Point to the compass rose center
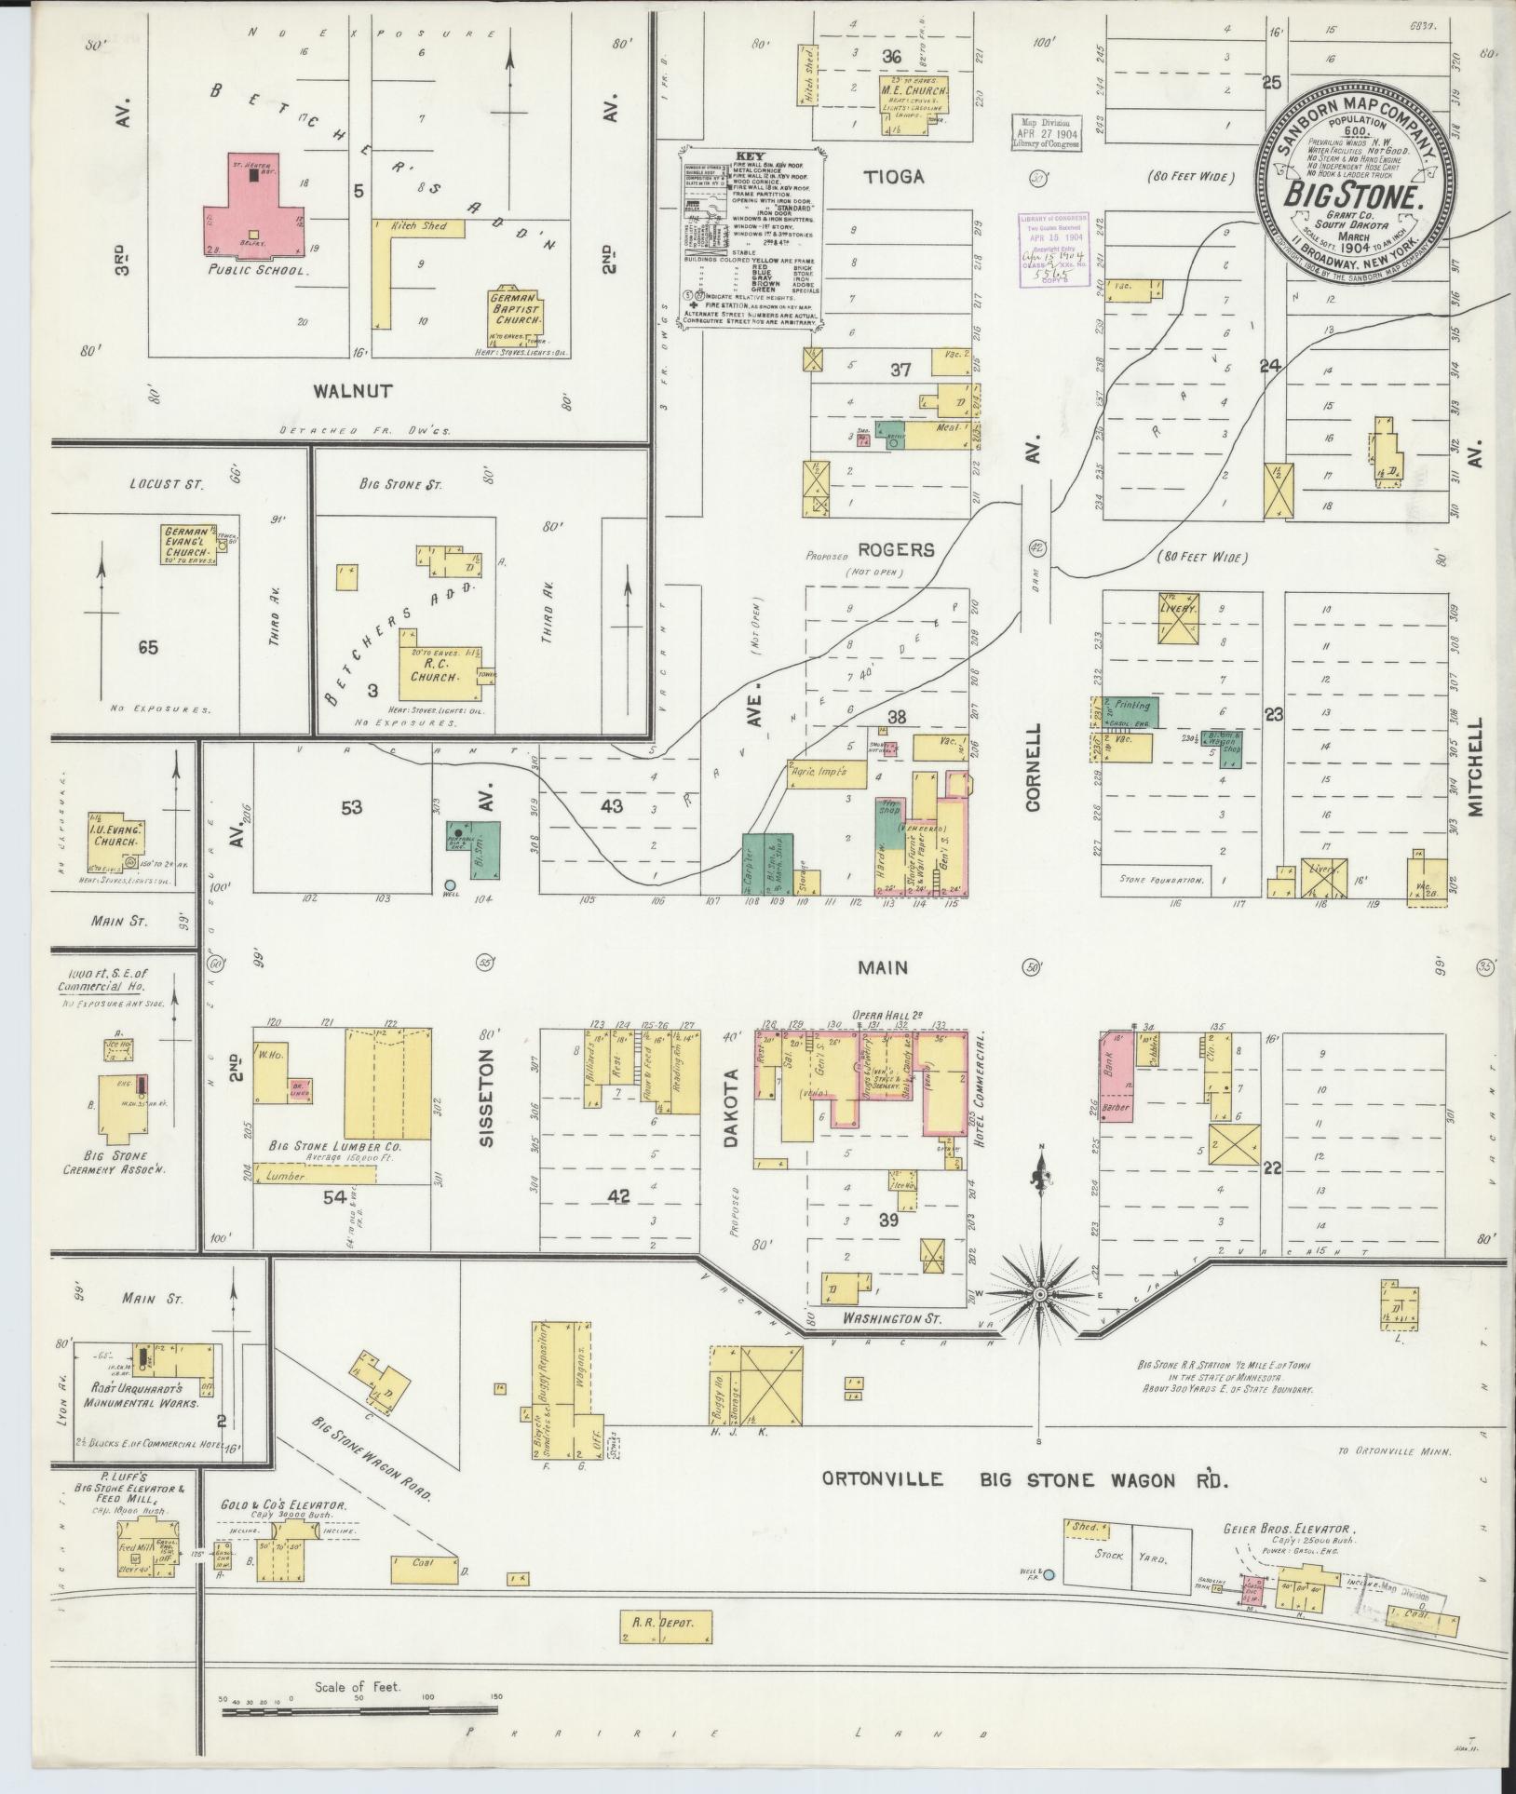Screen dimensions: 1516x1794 point(1038,1295)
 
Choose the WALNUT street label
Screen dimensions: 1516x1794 point(352,392)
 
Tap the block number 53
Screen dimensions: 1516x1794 point(351,808)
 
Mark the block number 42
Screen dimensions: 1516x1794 point(618,1197)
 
